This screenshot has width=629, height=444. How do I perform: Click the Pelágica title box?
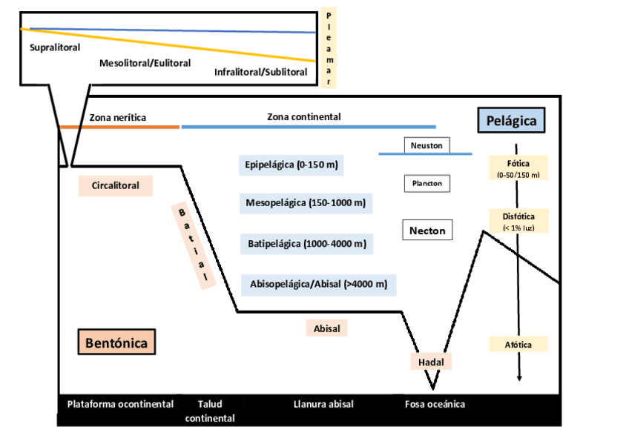pyautogui.click(x=511, y=120)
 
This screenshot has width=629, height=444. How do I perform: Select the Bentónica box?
pyautogui.click(x=116, y=343)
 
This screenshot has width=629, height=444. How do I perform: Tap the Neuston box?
pyautogui.click(x=427, y=145)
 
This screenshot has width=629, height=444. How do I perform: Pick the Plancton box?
pyautogui.click(x=427, y=182)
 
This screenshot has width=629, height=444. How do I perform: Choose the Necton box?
pyautogui.click(x=427, y=231)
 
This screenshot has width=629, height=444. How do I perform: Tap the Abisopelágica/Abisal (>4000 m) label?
pyautogui.click(x=318, y=284)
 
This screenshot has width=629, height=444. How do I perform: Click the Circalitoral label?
pyautogui.click(x=115, y=185)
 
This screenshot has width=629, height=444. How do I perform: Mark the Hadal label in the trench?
pyautogui.click(x=431, y=361)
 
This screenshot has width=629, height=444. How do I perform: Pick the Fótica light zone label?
pyautogui.click(x=518, y=168)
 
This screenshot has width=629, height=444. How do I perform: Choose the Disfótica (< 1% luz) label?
pyautogui.click(x=518, y=220)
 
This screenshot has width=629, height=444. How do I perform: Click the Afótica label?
pyautogui.click(x=518, y=344)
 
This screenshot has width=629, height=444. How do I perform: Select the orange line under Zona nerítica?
pyautogui.click(x=119, y=127)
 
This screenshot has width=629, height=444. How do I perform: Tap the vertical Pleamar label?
pyautogui.click(x=329, y=49)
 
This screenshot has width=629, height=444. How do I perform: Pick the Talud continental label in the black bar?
pyautogui.click(x=210, y=411)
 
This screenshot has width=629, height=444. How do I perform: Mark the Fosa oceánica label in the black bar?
pyautogui.click(x=435, y=404)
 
